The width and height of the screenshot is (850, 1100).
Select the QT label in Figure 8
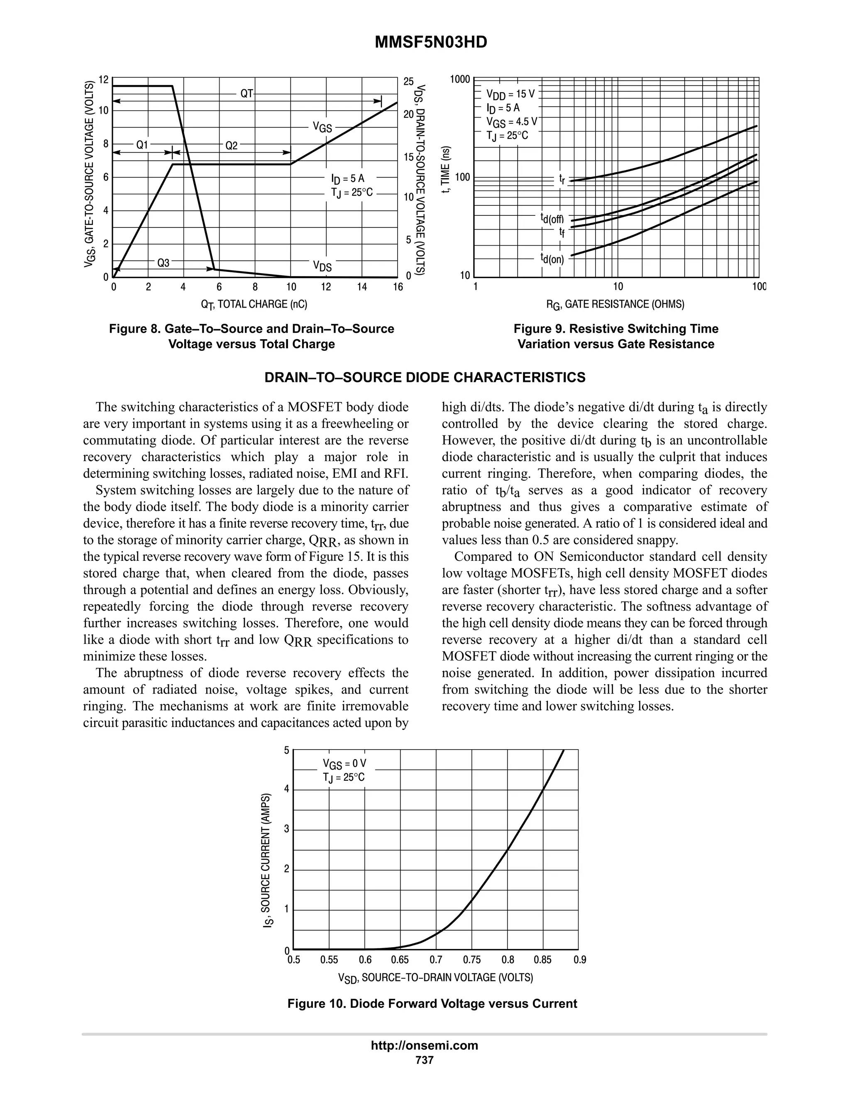pyautogui.click(x=246, y=94)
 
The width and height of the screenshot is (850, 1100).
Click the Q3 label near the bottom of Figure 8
pyautogui.click(x=164, y=262)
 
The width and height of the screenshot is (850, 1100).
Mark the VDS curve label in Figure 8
pyautogui.click(x=322, y=266)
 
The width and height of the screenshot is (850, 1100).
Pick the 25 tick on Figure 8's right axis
pyautogui.click(x=408, y=82)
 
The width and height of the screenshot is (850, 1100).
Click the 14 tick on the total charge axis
pyautogui.click(x=361, y=288)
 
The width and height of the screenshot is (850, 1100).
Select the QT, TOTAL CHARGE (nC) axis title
pyautogui.click(x=254, y=304)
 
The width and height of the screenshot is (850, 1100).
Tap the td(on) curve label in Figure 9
pyautogui.click(x=552, y=259)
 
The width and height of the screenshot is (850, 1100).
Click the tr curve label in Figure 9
pyautogui.click(x=562, y=179)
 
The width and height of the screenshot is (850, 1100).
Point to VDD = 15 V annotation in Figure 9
pyautogui.click(x=510, y=94)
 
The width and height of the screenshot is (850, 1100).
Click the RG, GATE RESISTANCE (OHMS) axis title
pyautogui.click(x=616, y=305)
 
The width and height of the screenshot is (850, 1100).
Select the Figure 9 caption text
pyautogui.click(x=616, y=337)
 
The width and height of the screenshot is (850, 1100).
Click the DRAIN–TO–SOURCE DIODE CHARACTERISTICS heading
pyautogui.click(x=425, y=378)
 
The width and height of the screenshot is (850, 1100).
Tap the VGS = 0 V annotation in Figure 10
pyautogui.click(x=344, y=763)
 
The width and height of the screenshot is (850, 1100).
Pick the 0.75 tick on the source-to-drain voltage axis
pyautogui.click(x=471, y=960)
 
